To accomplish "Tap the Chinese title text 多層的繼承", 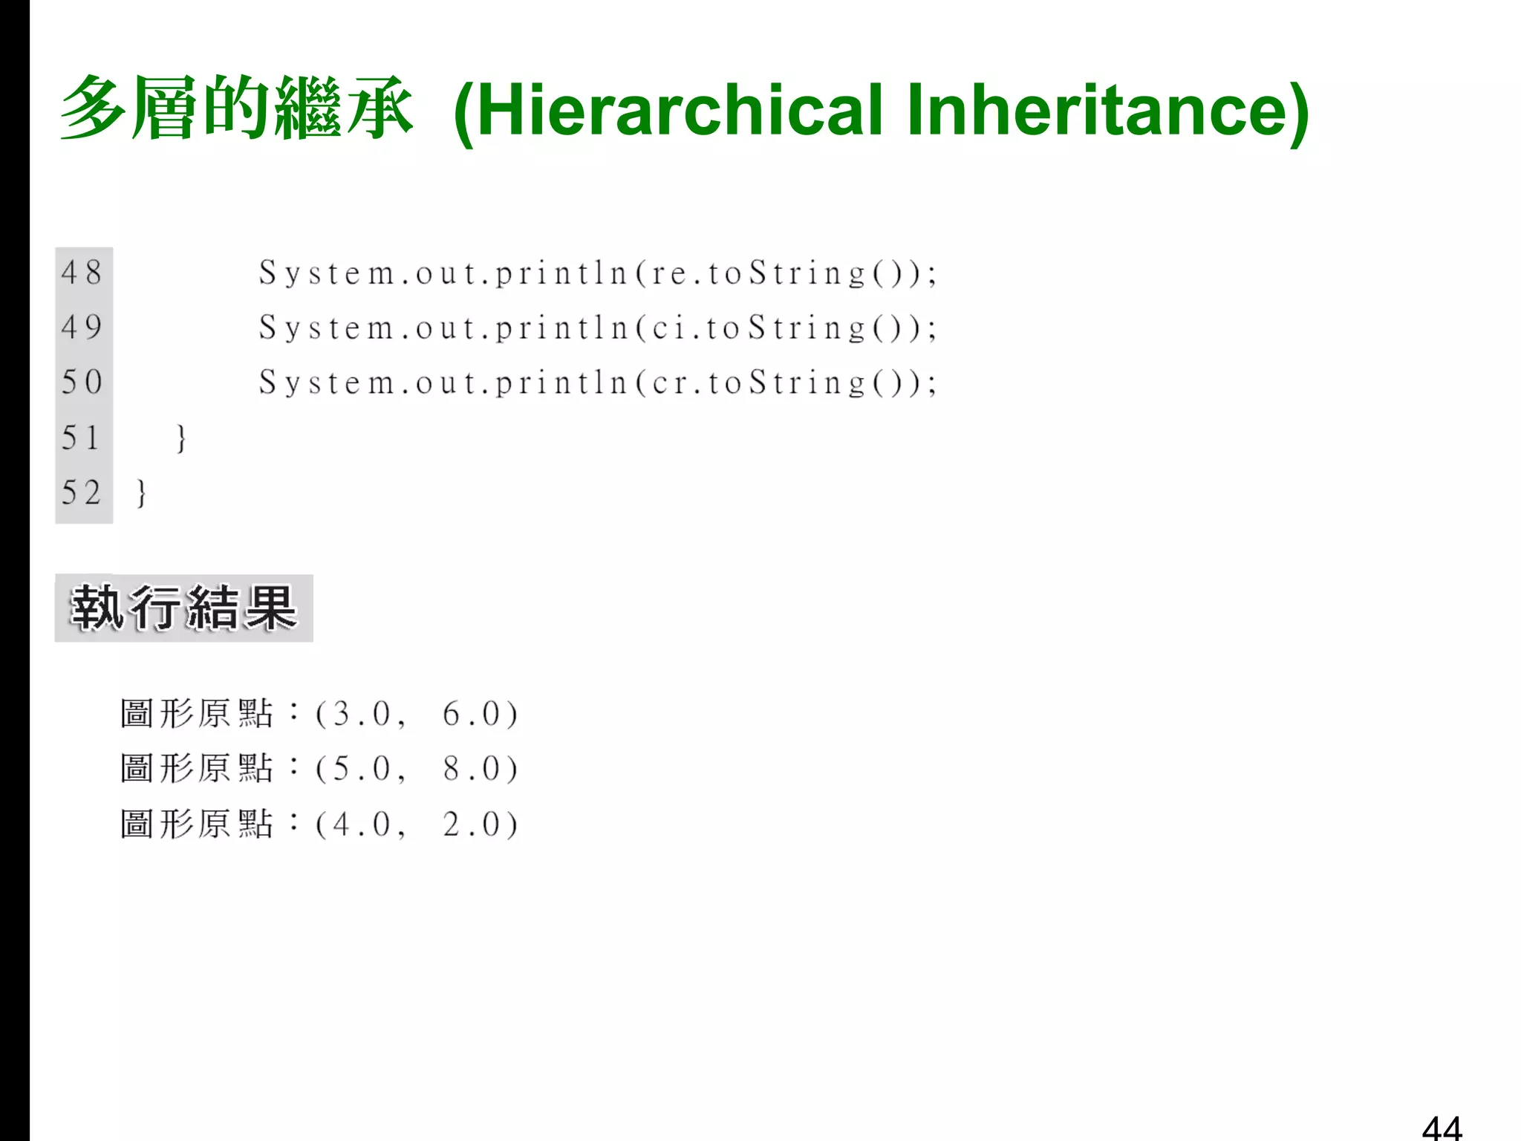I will [x=236, y=108].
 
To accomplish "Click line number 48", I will [x=82, y=273].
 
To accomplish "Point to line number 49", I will [x=82, y=328].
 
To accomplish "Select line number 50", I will [x=82, y=383].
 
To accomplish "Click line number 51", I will [x=80, y=438].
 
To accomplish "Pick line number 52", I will [x=82, y=493].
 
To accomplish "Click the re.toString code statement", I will [x=598, y=273].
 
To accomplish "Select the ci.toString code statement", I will [x=598, y=328].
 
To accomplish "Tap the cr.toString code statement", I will [x=598, y=383].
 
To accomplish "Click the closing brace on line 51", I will [x=180, y=438].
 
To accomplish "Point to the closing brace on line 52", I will [x=141, y=493].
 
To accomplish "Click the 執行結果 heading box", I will [x=183, y=608].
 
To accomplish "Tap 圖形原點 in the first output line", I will [x=197, y=714].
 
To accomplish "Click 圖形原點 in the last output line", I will [x=197, y=825].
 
